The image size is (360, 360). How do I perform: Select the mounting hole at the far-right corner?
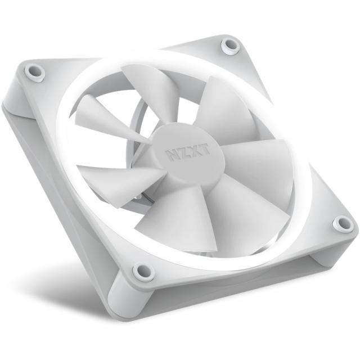point(342,224)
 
